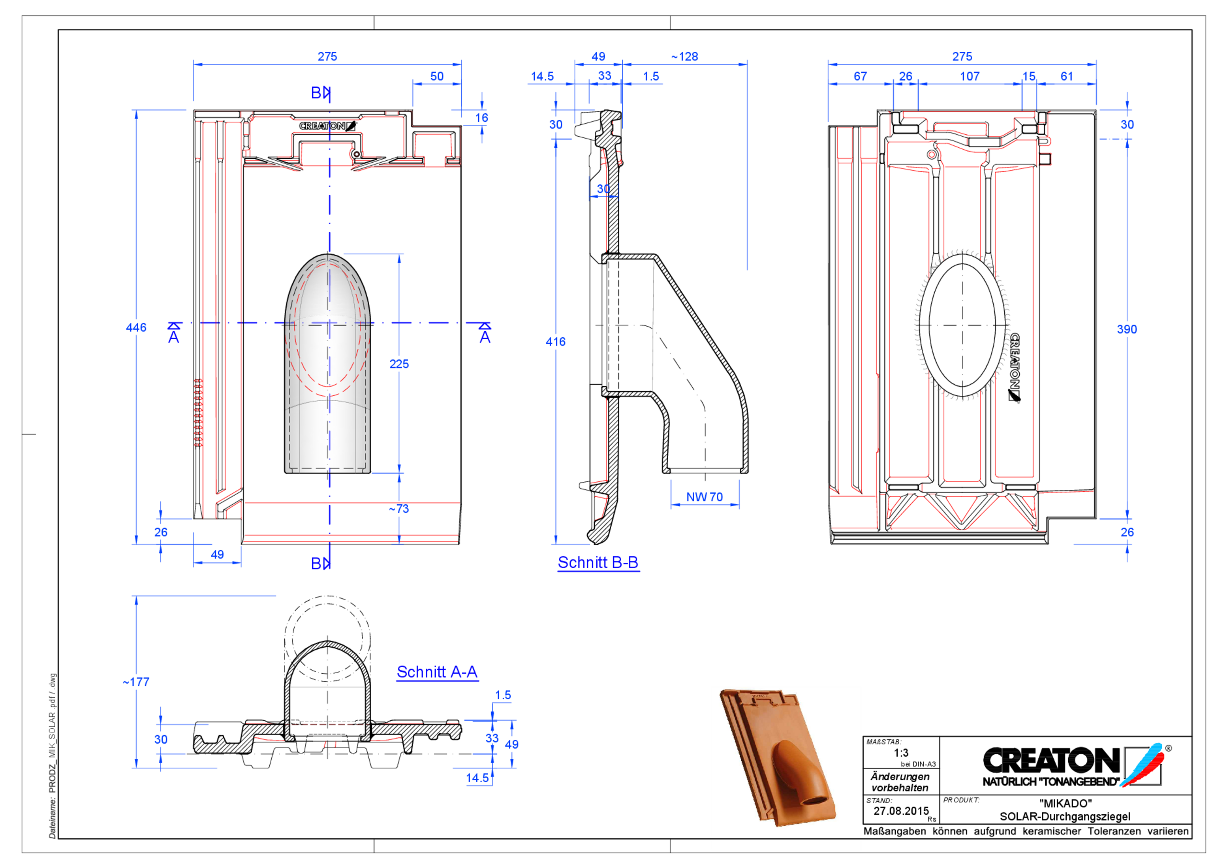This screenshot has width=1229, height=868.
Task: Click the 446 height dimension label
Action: tap(136, 328)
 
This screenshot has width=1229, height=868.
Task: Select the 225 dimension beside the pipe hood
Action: tap(399, 364)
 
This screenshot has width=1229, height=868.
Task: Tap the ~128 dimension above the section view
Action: tap(685, 56)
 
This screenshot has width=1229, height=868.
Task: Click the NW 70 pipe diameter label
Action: tap(704, 497)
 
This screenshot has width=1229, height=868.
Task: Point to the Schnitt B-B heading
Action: tap(598, 562)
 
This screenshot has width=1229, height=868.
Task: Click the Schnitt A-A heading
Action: tap(437, 672)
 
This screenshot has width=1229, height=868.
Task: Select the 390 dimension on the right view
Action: tap(1127, 329)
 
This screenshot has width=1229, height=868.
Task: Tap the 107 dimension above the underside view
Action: tap(969, 76)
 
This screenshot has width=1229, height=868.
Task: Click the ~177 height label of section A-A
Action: tap(136, 682)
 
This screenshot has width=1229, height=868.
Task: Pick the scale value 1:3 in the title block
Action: tap(902, 753)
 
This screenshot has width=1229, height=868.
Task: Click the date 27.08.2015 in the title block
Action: tap(901, 811)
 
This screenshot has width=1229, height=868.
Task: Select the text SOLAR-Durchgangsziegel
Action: tap(1065, 817)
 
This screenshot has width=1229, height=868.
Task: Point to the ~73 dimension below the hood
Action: tap(399, 509)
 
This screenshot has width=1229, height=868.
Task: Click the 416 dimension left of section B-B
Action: tap(555, 342)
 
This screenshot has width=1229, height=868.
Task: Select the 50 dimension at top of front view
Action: tap(437, 76)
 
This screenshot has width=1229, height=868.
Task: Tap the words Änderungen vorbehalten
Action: tap(900, 782)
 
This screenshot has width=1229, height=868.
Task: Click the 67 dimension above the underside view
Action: tap(860, 76)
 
